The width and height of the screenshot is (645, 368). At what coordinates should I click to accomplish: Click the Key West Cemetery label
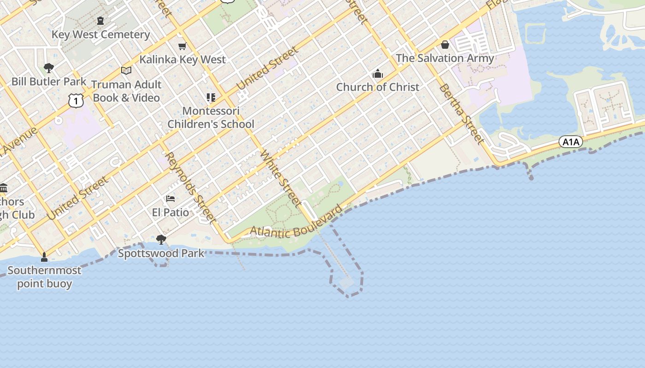pos(100,34)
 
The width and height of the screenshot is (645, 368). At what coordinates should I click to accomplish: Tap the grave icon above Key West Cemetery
pos(100,21)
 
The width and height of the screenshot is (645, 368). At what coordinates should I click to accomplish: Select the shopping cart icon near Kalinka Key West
pos(182,46)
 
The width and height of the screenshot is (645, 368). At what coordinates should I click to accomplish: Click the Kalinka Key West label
pos(182,59)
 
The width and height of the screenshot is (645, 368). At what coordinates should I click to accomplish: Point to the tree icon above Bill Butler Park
pos(48,68)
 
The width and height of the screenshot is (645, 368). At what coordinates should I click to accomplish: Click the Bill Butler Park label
pos(49,81)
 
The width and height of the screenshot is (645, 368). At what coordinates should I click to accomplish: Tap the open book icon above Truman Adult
pos(126,70)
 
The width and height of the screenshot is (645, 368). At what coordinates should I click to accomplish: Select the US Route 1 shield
pos(76,100)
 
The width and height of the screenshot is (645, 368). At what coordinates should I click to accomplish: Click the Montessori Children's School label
pos(211,117)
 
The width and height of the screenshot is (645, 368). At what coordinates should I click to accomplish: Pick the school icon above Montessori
pos(211,97)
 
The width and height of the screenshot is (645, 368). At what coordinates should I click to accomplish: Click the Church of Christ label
pos(378,87)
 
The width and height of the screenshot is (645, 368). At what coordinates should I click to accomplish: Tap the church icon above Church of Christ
pos(378,74)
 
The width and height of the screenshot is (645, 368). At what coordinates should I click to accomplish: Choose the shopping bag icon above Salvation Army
pos(445,45)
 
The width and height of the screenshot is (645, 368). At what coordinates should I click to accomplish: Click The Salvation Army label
pos(445,58)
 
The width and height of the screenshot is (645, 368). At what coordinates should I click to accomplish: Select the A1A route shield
pos(571,142)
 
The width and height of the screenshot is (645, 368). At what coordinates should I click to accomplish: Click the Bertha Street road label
pos(462,114)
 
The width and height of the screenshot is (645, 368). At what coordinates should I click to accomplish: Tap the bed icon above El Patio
pos(170,199)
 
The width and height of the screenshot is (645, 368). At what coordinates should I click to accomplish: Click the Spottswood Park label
pos(161,253)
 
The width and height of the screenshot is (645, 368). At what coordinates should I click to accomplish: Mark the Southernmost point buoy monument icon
pos(44,257)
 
